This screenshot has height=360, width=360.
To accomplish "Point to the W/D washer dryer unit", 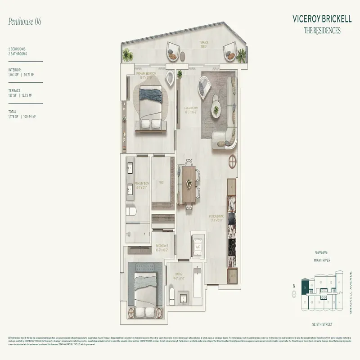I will point(232,273).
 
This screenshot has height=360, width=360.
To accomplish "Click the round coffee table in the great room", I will point(216,109).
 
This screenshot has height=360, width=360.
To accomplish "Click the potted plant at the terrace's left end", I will point(128,56).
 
